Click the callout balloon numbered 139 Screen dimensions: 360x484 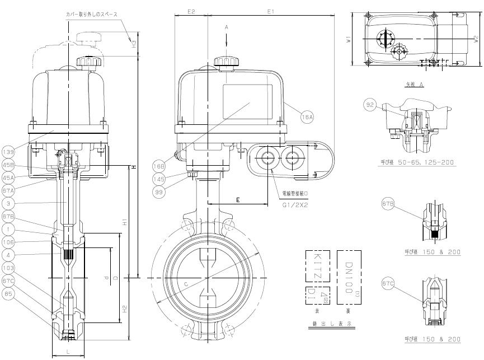(x=8, y=152)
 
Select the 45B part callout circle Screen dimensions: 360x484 (x=8, y=165)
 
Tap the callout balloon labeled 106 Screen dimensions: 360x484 (x=8, y=242)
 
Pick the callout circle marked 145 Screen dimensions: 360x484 (x=159, y=180)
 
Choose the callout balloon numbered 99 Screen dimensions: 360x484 (x=159, y=192)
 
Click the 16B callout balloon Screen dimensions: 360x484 (x=159, y=166)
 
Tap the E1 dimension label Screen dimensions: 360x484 (x=271, y=11)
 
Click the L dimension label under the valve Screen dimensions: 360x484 (x=68, y=350)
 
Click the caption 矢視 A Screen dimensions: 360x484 (x=414, y=84)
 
